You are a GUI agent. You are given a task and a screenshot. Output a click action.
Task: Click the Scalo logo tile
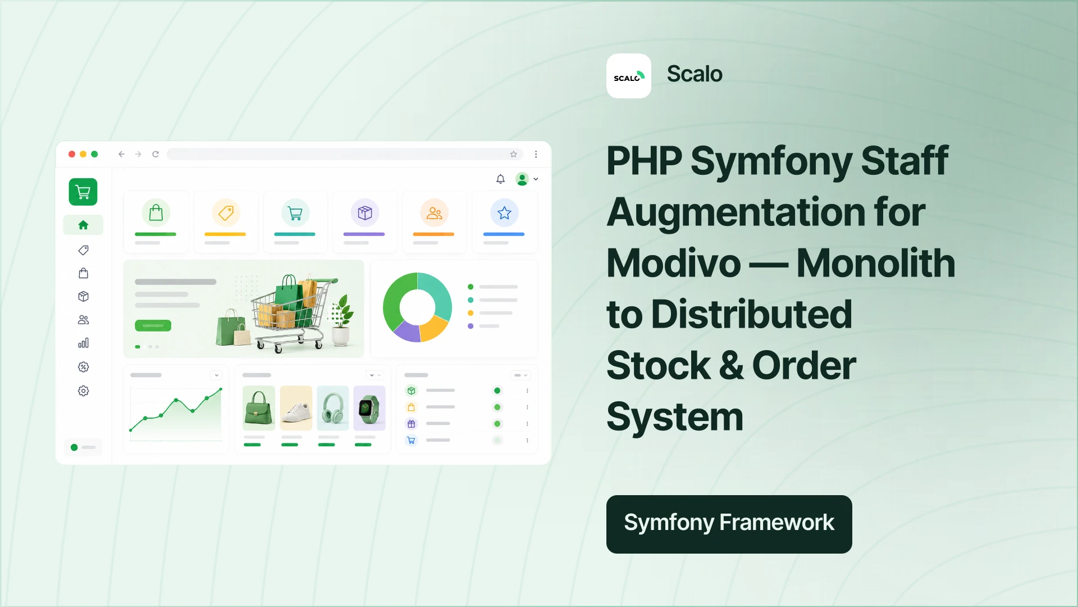629,76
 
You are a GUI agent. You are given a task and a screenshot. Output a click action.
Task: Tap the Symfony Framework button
729,524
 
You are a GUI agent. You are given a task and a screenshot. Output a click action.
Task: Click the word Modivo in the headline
674,263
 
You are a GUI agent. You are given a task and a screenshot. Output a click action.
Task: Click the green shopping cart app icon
83,192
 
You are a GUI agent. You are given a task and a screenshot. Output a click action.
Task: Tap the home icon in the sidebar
83,225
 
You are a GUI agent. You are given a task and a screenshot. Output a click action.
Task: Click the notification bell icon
500,179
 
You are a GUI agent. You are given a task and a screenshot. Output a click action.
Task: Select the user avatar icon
522,179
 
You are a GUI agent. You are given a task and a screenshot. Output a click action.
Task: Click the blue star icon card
504,222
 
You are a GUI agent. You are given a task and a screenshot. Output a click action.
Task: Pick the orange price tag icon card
226,222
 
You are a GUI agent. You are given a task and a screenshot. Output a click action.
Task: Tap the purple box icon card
365,222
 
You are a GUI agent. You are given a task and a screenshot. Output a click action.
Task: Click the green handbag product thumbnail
259,408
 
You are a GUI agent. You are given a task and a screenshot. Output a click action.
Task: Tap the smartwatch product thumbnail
369,408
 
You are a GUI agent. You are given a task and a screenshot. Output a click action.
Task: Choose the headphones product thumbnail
333,408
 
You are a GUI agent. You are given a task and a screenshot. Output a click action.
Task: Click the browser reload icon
156,154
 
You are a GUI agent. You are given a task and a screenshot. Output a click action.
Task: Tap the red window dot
72,154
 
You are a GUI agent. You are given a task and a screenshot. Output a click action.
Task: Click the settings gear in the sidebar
83,391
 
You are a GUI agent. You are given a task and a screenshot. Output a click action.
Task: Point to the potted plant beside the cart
341,320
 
